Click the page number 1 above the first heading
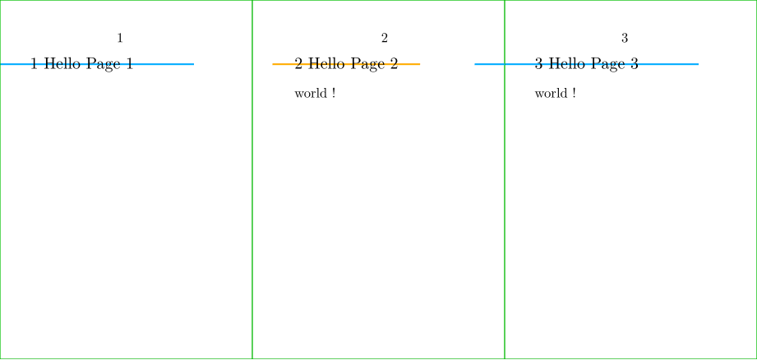tap(120, 38)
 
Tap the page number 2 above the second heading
tap(384, 38)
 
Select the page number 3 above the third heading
tap(625, 38)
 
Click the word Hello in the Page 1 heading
tap(61, 64)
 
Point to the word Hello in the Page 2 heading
tap(325, 64)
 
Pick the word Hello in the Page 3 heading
tap(565, 64)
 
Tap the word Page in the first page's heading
tap(101, 64)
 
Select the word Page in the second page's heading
tap(366, 64)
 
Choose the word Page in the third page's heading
tap(606, 64)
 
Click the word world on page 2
tap(310, 94)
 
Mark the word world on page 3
tap(550, 94)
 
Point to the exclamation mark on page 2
tap(333, 94)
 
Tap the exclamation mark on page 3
tap(573, 94)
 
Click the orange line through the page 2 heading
tap(411, 63)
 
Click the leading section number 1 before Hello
tap(34, 64)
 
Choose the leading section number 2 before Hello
tap(298, 64)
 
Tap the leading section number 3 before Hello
tap(538, 64)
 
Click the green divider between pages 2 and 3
tap(505, 205)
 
